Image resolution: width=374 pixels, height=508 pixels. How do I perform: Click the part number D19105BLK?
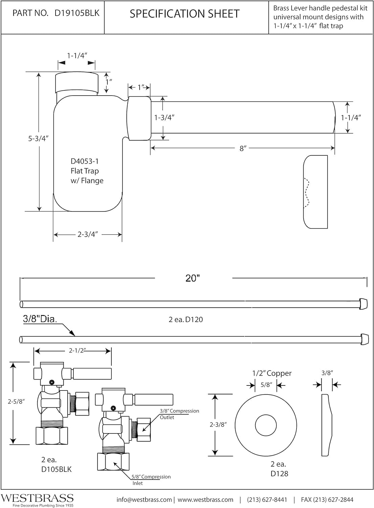point(77,13)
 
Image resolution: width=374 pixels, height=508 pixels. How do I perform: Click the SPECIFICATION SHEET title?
point(184,14)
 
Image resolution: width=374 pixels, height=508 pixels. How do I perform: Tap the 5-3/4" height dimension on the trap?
point(39,139)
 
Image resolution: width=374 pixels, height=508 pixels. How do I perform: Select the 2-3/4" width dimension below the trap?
point(88,234)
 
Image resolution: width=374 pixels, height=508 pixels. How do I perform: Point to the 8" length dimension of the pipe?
point(243,148)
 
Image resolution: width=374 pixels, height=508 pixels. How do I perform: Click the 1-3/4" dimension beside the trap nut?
point(164,118)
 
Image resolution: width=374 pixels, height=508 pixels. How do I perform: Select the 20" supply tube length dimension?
point(193,278)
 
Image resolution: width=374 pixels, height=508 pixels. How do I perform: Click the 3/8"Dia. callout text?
point(40,319)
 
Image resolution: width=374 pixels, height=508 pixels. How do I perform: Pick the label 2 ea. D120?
point(185,319)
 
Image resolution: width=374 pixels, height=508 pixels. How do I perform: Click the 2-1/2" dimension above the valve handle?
point(76,351)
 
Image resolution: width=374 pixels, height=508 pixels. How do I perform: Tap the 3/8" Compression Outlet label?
point(179,414)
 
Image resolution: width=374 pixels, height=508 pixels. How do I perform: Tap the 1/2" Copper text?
point(271,373)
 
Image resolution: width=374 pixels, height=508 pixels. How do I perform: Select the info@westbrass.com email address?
point(144,500)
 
